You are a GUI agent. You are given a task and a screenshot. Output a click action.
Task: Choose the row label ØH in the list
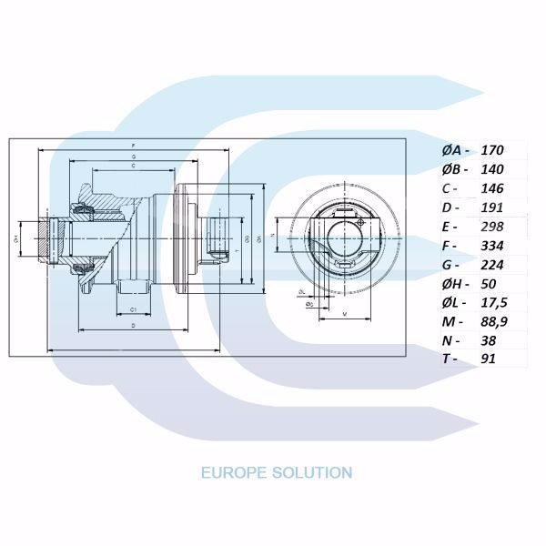click(x=450, y=284)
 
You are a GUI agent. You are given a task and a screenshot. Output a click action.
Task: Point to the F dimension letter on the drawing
click(x=134, y=146)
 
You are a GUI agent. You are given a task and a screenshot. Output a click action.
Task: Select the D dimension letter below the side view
click(x=134, y=324)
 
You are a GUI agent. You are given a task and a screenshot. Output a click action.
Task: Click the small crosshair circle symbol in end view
click(x=361, y=220)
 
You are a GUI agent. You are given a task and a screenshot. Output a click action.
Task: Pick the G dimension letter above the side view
click(x=134, y=157)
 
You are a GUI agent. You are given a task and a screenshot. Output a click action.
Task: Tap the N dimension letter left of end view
click(x=274, y=235)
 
